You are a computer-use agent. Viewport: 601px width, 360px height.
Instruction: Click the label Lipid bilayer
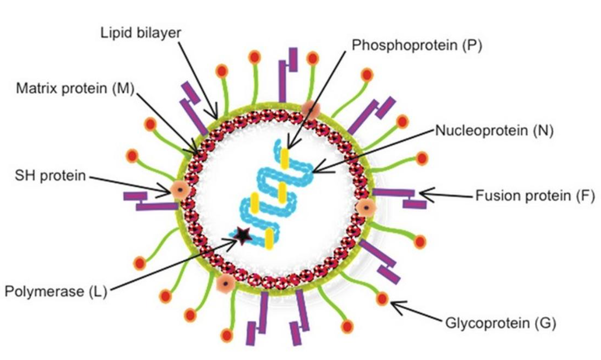tap(141, 33)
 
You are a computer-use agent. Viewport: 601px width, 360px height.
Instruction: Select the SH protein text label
tap(50, 176)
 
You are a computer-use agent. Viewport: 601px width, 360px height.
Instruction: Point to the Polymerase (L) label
tap(56, 291)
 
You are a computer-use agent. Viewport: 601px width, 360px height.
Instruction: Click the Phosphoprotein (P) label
tap(417, 46)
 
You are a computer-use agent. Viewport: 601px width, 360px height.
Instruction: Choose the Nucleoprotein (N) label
tap(494, 130)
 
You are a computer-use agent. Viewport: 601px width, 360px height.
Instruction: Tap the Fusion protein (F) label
tap(535, 195)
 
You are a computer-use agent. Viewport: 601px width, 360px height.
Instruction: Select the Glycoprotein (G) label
tap(500, 323)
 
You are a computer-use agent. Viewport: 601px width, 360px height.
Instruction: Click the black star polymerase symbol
tap(243, 235)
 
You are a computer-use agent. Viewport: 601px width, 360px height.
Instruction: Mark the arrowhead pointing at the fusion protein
tap(422, 193)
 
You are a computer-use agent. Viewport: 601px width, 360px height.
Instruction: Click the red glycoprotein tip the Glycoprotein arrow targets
tap(382, 298)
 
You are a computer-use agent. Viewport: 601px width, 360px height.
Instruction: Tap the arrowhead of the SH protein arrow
tap(167, 192)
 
